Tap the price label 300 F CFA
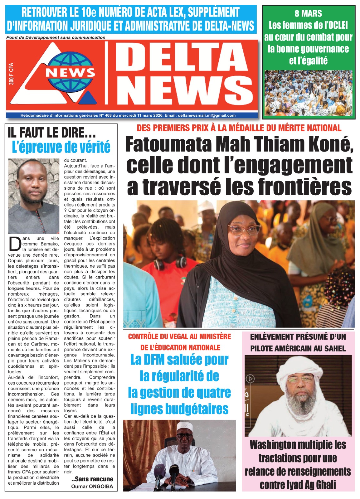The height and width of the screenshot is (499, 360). click(11, 74)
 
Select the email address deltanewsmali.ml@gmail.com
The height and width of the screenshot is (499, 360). click(207, 115)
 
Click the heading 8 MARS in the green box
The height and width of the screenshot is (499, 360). click(308, 13)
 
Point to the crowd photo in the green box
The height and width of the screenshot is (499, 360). click(308, 93)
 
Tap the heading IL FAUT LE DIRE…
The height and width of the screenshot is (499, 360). click(52, 133)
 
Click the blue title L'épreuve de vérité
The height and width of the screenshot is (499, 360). click(61, 147)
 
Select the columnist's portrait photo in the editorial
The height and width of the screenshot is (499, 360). click(34, 196)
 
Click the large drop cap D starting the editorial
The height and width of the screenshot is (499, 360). click(15, 244)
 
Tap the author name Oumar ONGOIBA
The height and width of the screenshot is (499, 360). click(92, 486)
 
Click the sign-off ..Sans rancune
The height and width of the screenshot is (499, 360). click(92, 479)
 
